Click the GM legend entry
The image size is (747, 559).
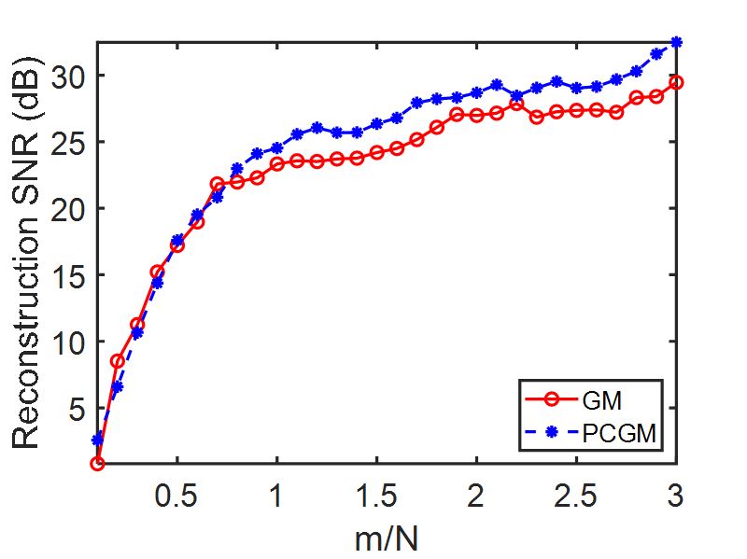[x=589, y=399]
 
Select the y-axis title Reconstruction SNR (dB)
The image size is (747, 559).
[x=28, y=253]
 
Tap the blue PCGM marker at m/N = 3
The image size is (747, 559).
[x=676, y=42]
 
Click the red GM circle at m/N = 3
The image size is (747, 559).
[x=676, y=82]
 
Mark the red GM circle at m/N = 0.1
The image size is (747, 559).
[x=98, y=463]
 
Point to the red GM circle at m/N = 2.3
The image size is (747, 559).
[x=536, y=117]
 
